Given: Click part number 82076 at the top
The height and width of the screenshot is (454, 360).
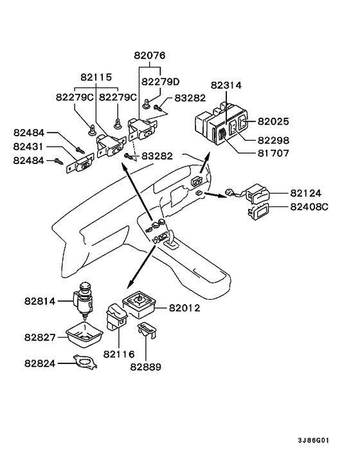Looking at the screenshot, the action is pyautogui.click(x=149, y=55).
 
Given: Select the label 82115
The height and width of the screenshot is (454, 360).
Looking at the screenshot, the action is pyautogui.click(x=96, y=77).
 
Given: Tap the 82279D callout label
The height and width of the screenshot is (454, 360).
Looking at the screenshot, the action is pyautogui.click(x=160, y=82).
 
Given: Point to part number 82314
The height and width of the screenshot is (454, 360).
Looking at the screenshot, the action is pyautogui.click(x=226, y=86).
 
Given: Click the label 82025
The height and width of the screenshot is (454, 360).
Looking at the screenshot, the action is pyautogui.click(x=273, y=122).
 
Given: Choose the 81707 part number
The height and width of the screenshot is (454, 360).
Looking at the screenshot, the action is pyautogui.click(x=273, y=153).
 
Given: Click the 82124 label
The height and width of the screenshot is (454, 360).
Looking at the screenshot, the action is pyautogui.click(x=306, y=193).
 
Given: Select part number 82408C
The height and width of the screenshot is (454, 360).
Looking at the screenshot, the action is pyautogui.click(x=309, y=207).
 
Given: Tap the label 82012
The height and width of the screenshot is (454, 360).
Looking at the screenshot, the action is pyautogui.click(x=184, y=308).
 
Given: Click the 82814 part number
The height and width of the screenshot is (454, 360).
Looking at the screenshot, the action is pyautogui.click(x=40, y=302).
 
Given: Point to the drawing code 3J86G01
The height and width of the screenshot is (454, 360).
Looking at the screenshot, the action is pyautogui.click(x=314, y=440).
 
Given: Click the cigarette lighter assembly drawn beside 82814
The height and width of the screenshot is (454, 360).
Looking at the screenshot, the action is pyautogui.click(x=83, y=300).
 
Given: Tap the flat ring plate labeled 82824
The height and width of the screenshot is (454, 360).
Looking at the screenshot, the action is pyautogui.click(x=84, y=362).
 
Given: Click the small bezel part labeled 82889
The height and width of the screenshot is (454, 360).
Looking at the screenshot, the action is pyautogui.click(x=147, y=330).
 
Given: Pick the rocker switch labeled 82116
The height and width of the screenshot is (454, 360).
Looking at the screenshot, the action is pyautogui.click(x=117, y=317).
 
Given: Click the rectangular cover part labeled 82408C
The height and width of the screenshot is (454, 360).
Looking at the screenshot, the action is pyautogui.click(x=258, y=212).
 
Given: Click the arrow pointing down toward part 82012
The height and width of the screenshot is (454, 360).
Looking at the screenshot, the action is pyautogui.click(x=141, y=267).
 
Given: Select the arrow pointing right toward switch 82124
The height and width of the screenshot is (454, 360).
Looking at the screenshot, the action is pyautogui.click(x=215, y=195).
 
